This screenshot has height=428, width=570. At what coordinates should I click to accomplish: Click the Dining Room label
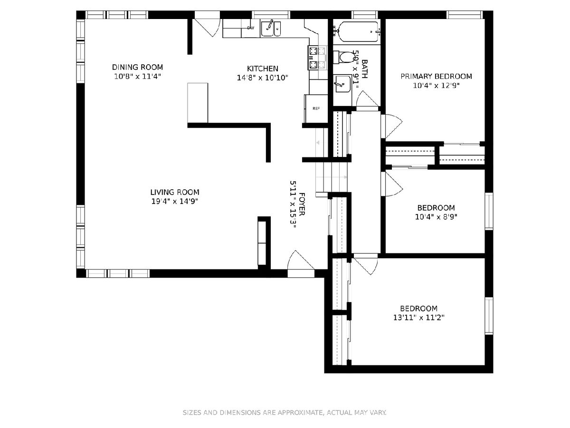coord(137,67)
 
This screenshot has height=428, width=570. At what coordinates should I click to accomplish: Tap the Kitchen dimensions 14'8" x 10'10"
coord(263,78)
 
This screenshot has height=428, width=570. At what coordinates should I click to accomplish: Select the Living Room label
coord(175,192)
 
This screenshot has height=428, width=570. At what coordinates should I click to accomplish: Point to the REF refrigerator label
coord(316,108)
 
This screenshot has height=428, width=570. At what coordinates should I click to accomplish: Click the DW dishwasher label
coord(251,28)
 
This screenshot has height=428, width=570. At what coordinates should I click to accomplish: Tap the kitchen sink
coord(271,29)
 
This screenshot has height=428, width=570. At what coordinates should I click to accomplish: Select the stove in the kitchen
coord(317,58)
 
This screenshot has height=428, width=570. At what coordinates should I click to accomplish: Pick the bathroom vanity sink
coord(343,84)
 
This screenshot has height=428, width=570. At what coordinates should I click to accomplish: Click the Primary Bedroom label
coord(436,77)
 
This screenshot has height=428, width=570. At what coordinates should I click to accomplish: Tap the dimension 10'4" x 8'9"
coord(436,217)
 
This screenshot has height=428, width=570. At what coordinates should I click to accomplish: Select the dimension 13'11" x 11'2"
coord(419,317)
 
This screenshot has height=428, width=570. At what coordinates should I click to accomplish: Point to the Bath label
coord(365,69)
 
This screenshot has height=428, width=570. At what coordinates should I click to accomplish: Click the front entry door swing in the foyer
coord(301,261)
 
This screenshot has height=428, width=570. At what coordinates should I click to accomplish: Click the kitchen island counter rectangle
coord(198,103)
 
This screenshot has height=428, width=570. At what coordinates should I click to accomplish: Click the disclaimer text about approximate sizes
coord(285,412)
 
